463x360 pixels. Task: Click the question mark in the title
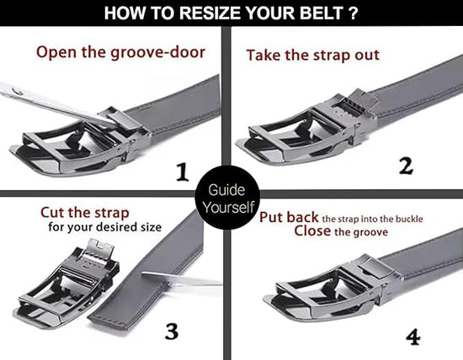(x=353, y=13)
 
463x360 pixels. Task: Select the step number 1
(x=182, y=172)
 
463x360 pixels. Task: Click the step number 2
(x=406, y=167)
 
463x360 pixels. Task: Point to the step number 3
(x=171, y=331)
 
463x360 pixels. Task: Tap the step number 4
(x=412, y=337)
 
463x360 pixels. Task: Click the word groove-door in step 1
(x=157, y=53)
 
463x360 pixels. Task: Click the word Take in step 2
(x=263, y=56)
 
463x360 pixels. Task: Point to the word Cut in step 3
(x=52, y=213)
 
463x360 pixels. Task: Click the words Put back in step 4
(x=289, y=218)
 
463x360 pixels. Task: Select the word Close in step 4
(x=312, y=230)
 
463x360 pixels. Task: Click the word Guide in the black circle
(x=226, y=190)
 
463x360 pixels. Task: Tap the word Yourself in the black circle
(x=228, y=207)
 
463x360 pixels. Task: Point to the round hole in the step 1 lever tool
(x=18, y=91)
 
